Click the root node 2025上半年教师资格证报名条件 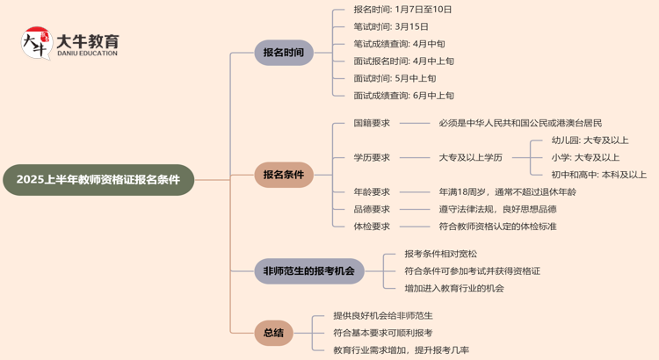[98, 179]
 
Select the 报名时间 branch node [283, 53]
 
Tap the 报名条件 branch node [283, 175]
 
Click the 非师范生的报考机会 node [308, 271]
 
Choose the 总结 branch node [273, 333]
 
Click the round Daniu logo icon [36, 43]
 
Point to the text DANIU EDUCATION [87, 54]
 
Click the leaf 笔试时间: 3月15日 [391, 26]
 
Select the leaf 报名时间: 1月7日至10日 [402, 10]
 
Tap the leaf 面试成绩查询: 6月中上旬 [404, 96]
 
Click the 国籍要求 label [372, 123]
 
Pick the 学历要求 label [372, 157]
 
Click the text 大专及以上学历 [471, 157]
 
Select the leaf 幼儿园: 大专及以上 [590, 140]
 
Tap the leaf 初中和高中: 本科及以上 [599, 175]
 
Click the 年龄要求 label [372, 191]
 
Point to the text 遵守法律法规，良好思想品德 [497, 209]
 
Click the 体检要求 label [372, 227]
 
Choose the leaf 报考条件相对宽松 [441, 254]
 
